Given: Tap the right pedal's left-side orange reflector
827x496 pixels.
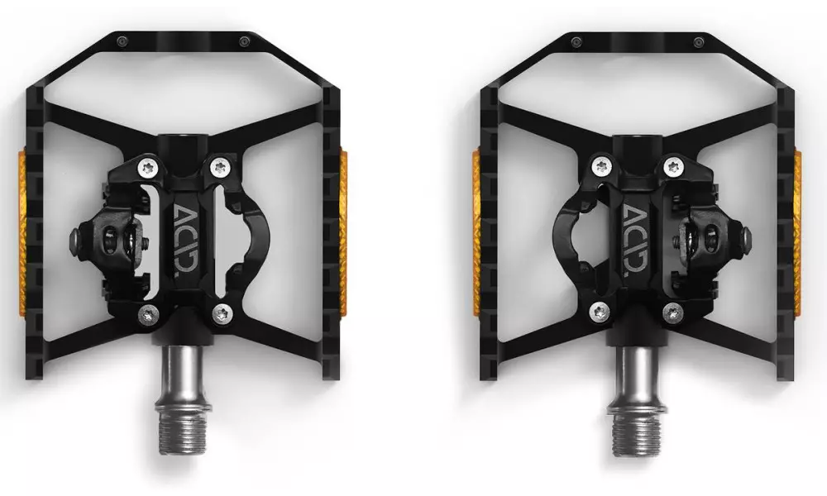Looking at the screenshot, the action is (476, 235).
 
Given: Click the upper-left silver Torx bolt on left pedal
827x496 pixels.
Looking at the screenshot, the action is (147, 168).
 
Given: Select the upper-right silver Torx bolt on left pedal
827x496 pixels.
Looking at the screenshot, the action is (220, 168).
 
